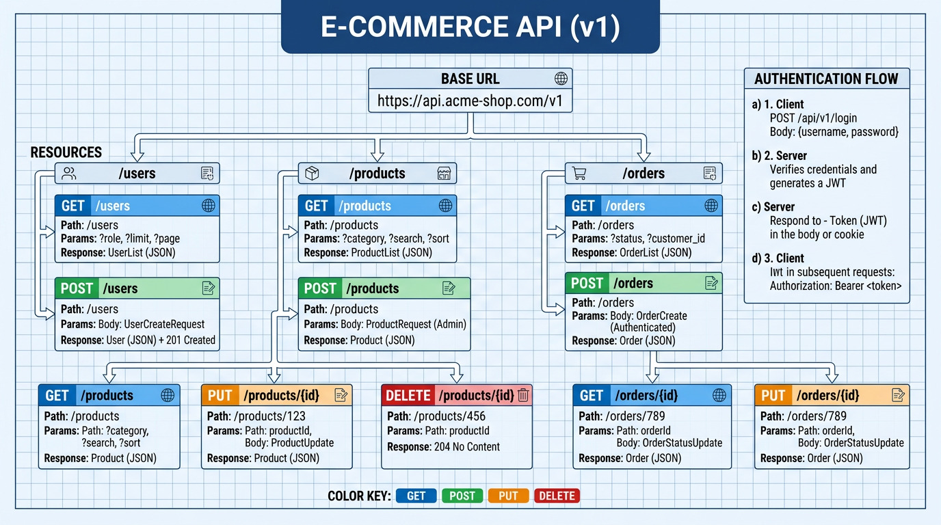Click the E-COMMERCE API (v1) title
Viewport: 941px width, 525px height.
click(x=471, y=27)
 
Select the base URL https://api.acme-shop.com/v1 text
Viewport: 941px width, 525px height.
click(x=471, y=101)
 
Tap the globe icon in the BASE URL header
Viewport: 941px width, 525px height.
click(x=561, y=79)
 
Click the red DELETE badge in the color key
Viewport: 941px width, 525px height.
click(x=557, y=496)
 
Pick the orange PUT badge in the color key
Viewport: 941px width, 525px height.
click(x=508, y=496)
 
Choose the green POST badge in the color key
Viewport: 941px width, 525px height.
click(x=462, y=496)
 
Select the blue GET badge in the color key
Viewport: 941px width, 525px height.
click(x=416, y=496)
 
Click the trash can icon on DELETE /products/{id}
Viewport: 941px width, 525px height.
click(x=523, y=395)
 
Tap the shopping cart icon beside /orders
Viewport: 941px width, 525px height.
click(x=579, y=174)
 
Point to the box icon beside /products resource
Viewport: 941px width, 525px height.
click(x=312, y=174)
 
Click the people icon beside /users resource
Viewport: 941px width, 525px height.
click(x=69, y=174)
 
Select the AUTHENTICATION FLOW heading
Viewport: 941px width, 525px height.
click(x=826, y=79)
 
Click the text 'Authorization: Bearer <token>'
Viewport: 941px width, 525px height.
click(x=836, y=286)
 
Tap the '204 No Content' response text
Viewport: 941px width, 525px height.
click(x=467, y=446)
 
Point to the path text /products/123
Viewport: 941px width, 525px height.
click(x=269, y=416)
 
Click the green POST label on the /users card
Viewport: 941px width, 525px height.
click(x=77, y=288)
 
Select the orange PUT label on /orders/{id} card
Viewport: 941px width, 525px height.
click(x=773, y=395)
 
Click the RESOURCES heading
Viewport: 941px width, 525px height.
click(x=66, y=152)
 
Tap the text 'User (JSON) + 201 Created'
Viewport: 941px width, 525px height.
click(x=162, y=340)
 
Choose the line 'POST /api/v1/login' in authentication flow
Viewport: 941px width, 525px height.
click(x=813, y=118)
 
